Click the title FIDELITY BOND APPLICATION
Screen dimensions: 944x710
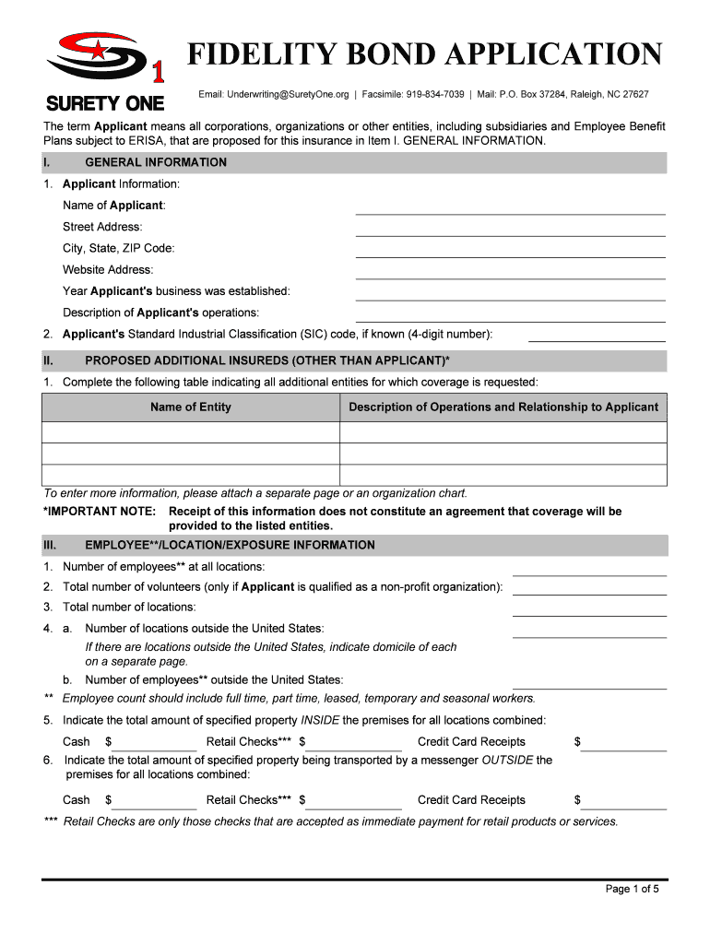pyautogui.click(x=425, y=55)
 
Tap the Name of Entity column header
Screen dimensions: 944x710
pyautogui.click(x=191, y=407)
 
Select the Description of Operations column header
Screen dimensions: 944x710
pyautogui.click(x=503, y=407)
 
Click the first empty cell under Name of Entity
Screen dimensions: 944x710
pyautogui.click(x=191, y=433)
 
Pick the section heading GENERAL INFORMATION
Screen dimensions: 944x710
pyautogui.click(x=156, y=163)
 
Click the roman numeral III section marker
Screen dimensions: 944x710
pyautogui.click(x=50, y=545)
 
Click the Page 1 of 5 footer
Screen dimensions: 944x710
pyautogui.click(x=632, y=890)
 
